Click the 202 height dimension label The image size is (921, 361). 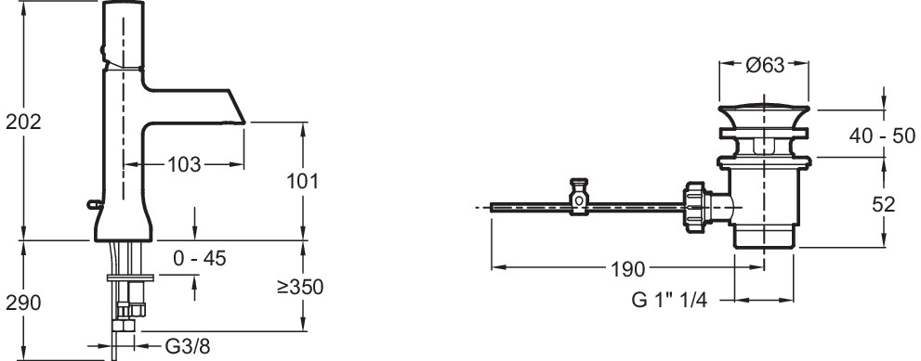coord(23,122)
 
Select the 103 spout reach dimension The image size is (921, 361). coord(184,165)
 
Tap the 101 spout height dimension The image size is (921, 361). coord(302,181)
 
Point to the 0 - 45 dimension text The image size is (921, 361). coord(200,258)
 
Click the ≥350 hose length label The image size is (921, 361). coord(300,287)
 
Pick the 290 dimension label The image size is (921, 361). coord(23,303)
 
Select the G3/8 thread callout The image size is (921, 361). coord(187,346)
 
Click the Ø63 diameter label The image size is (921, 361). coord(766,65)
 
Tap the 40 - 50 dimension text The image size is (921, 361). coord(882,136)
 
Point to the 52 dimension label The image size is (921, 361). coord(884,204)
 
